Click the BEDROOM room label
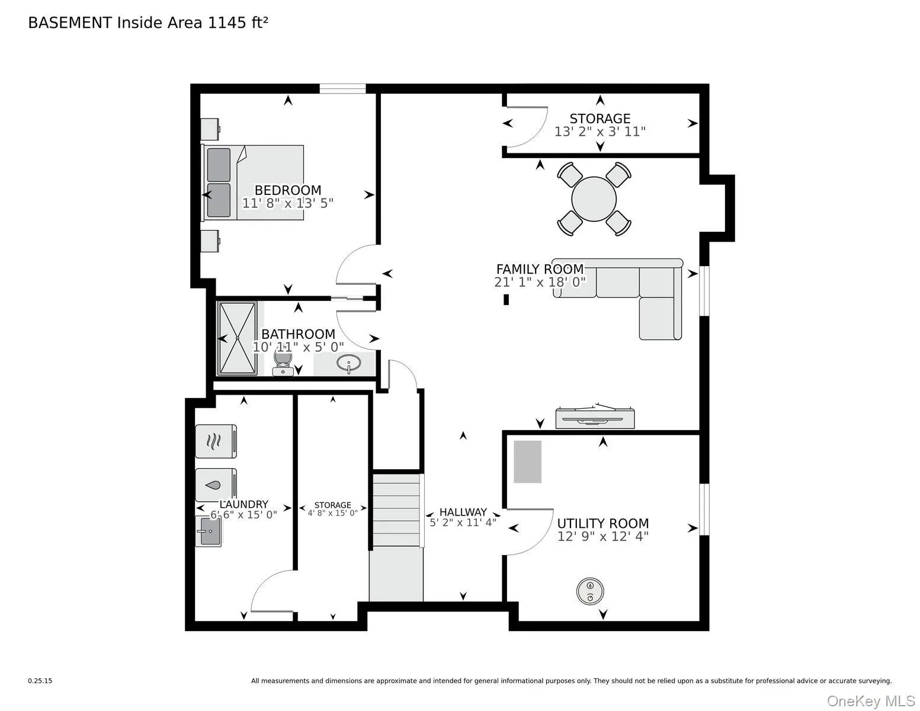[x=287, y=190]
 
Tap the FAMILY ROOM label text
[x=540, y=269]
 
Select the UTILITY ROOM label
[x=602, y=523]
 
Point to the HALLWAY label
[x=463, y=512]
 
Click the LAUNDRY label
[x=244, y=504]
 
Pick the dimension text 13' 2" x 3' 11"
[x=600, y=132]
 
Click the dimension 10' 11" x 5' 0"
[x=298, y=347]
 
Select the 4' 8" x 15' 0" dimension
[x=333, y=513]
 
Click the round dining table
[x=594, y=199]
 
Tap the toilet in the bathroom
[x=283, y=363]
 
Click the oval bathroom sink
[x=348, y=363]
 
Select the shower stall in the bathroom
[x=237, y=338]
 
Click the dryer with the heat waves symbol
[x=216, y=441]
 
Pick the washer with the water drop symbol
[x=216, y=485]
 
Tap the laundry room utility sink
[x=209, y=531]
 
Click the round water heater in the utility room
[x=590, y=591]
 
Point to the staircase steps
[x=396, y=510]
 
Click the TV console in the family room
[x=595, y=417]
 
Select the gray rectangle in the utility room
[x=527, y=462]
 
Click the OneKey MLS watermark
[x=871, y=701]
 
